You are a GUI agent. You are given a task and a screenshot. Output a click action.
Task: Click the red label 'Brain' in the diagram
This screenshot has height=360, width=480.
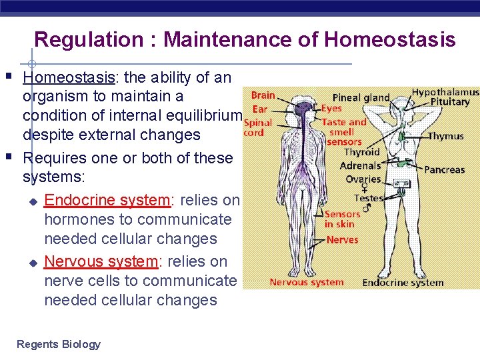(263, 96)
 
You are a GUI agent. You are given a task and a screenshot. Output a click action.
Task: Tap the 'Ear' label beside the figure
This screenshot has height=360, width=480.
(260, 109)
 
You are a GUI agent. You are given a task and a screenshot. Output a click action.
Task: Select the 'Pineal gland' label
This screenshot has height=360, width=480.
(361, 97)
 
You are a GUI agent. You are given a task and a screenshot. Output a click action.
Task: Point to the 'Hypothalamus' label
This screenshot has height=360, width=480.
(445, 92)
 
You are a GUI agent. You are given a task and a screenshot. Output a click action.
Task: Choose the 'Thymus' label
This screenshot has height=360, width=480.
(445, 136)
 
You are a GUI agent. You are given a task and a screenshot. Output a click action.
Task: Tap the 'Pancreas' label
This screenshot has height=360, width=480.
(444, 170)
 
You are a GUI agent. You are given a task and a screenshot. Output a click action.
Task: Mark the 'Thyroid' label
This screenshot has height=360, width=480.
(362, 153)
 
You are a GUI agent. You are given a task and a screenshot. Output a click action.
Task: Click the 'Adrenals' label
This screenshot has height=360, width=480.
(360, 165)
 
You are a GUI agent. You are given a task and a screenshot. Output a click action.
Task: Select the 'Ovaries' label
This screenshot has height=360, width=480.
(363, 179)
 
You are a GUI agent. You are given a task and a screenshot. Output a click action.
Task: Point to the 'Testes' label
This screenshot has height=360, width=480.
(369, 198)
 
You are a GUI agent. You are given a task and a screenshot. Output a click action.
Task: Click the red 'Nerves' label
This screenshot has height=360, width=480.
(343, 240)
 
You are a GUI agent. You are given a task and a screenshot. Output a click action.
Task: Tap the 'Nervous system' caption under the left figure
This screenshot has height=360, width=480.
(306, 282)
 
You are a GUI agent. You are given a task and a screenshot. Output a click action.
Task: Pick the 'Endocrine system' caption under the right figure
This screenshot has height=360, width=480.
(403, 283)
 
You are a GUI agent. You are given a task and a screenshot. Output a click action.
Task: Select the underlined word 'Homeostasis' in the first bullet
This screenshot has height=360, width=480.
(69, 77)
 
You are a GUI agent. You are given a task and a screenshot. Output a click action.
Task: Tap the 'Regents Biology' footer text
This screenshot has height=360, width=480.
(59, 344)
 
